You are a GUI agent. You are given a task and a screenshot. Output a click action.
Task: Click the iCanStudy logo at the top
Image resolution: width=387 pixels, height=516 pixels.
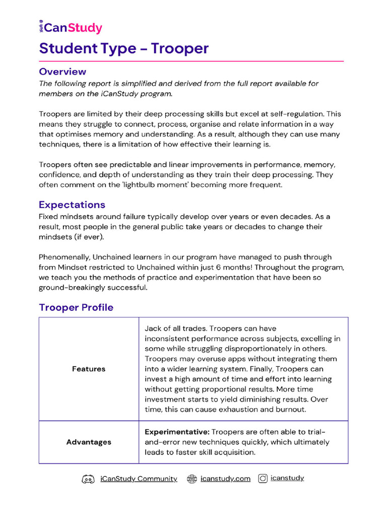(x=71, y=28)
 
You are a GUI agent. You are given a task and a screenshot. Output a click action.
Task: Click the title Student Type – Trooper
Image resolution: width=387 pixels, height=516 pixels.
(x=123, y=48)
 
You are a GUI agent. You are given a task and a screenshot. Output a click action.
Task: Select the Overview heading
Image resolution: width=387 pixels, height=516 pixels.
(x=62, y=72)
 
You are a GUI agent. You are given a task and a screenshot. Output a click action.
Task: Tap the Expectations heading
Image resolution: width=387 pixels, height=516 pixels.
(x=72, y=205)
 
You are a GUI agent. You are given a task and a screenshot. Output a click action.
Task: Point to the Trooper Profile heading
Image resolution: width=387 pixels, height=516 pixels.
(x=76, y=307)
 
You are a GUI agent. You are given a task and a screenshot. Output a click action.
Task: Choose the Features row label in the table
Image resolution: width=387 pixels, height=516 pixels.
(x=89, y=369)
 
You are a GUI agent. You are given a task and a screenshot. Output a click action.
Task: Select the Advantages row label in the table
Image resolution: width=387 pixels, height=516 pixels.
(x=89, y=442)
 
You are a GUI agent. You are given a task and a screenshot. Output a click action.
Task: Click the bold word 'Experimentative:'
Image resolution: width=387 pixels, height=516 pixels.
(x=176, y=432)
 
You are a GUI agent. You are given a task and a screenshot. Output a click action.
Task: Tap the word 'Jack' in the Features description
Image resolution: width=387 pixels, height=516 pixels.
(x=154, y=329)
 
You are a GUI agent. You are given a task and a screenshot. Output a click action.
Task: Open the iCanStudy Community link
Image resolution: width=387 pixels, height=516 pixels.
(x=139, y=479)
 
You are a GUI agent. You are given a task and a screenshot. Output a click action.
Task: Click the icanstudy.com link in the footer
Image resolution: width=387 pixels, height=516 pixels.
(x=225, y=479)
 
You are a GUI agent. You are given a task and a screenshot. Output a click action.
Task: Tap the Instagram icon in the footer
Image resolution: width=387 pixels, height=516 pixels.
(x=263, y=479)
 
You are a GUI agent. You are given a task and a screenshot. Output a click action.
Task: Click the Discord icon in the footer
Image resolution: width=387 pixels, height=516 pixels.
(x=88, y=479)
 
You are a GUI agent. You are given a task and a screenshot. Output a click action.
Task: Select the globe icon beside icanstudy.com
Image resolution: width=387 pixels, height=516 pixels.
(x=191, y=479)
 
